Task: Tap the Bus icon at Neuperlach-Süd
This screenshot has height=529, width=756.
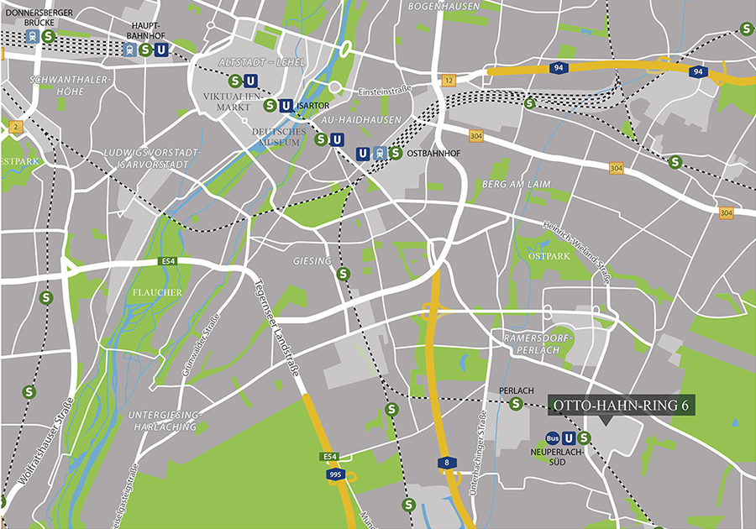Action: (552, 437)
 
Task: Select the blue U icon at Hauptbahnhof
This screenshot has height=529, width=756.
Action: (160, 50)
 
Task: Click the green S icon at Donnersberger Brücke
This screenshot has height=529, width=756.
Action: (49, 36)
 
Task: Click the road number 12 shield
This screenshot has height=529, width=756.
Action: (449, 81)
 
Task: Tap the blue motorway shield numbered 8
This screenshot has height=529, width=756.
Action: (442, 463)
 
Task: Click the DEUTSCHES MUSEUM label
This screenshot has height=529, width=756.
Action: (276, 137)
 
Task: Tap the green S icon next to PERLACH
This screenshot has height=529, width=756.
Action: (516, 404)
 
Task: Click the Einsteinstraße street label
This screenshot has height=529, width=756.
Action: (384, 89)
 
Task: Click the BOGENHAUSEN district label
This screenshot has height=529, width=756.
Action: (443, 7)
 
